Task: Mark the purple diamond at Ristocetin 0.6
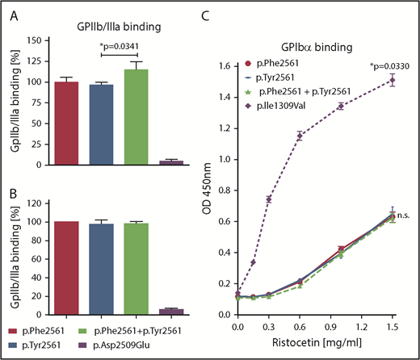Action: (300, 136)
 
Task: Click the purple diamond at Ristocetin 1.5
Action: (393, 79)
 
